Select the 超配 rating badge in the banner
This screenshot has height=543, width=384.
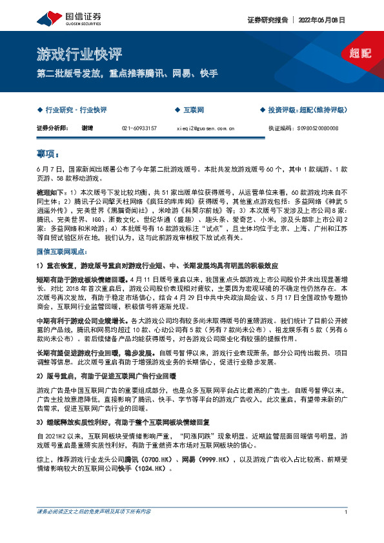coord(360,54)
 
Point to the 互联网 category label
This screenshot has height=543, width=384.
coord(193,111)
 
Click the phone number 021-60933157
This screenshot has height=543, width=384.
coord(140,128)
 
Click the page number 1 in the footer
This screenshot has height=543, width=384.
coord(347,530)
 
